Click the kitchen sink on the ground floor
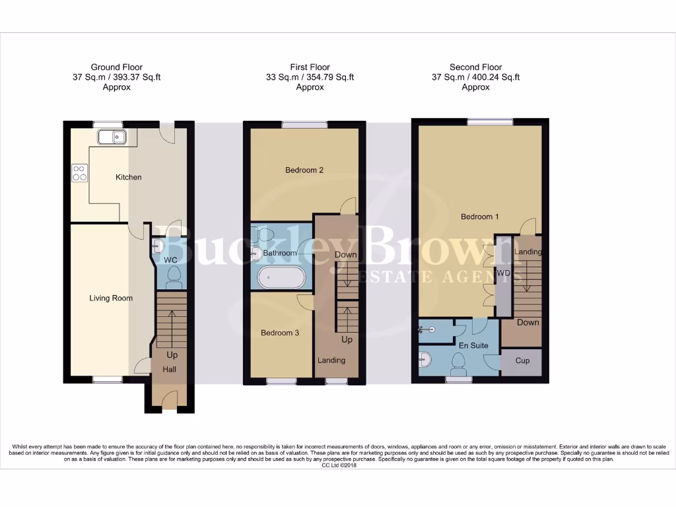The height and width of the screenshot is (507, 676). [x=112, y=137]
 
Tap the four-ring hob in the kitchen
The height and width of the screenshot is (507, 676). [x=79, y=172]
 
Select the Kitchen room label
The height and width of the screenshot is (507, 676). [x=128, y=177]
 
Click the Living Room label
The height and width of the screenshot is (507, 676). [x=111, y=298]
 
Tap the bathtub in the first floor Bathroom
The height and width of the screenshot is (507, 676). [x=281, y=277]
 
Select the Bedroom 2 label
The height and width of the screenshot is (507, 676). [x=304, y=170]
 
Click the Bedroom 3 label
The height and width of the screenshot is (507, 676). [x=280, y=333]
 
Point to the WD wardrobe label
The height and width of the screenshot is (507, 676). [x=503, y=273]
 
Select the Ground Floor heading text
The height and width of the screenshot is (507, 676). [x=116, y=67]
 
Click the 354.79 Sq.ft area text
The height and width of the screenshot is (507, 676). [x=328, y=77]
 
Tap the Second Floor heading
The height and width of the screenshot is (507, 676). [x=475, y=67]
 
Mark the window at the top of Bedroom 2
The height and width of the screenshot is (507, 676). [x=304, y=124]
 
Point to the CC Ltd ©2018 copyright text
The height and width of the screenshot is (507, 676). [x=338, y=465]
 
